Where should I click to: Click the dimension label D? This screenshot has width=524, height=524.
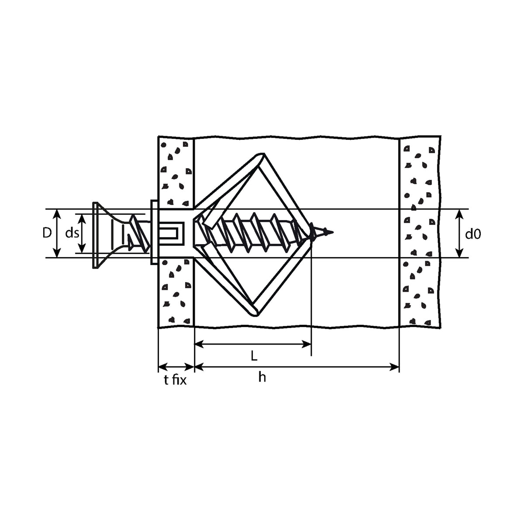pyautogui.click(x=47, y=233)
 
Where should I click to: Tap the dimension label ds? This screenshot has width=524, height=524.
pyautogui.click(x=72, y=233)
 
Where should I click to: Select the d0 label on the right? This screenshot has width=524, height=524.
pyautogui.click(x=473, y=234)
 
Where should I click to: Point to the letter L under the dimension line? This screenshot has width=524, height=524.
pyautogui.click(x=254, y=356)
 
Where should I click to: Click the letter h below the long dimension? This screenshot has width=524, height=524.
pyautogui.click(x=262, y=377)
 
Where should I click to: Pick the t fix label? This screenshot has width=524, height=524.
pyautogui.click(x=176, y=380)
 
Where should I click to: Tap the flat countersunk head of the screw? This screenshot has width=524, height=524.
pyautogui.click(x=96, y=235)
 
